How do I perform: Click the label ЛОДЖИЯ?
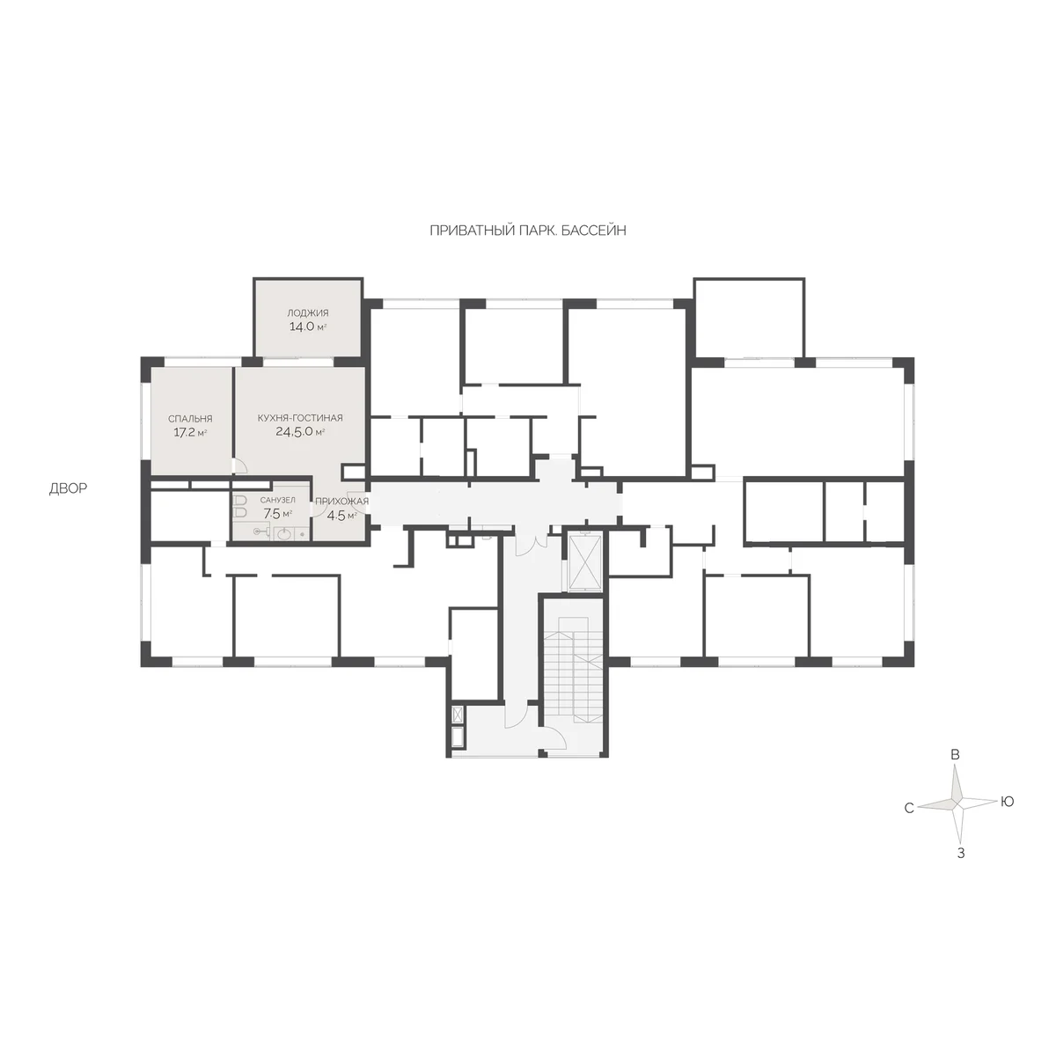click(x=307, y=313)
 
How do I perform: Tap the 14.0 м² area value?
click(x=307, y=326)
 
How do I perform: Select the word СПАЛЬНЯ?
click(x=190, y=419)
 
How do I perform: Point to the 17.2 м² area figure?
click(x=190, y=432)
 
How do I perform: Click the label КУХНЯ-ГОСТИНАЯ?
click(x=300, y=418)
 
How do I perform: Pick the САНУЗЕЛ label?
click(x=278, y=500)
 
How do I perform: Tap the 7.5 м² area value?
click(x=278, y=513)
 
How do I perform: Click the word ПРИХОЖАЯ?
click(x=342, y=501)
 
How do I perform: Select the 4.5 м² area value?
click(x=342, y=515)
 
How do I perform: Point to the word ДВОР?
click(x=68, y=488)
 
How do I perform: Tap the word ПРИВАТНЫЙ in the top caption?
click(x=473, y=231)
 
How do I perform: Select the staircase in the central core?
click(x=573, y=669)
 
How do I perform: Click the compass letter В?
click(x=955, y=754)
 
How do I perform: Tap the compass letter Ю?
click(x=1008, y=802)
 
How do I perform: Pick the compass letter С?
click(x=909, y=809)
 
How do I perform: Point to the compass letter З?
click(x=961, y=854)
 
